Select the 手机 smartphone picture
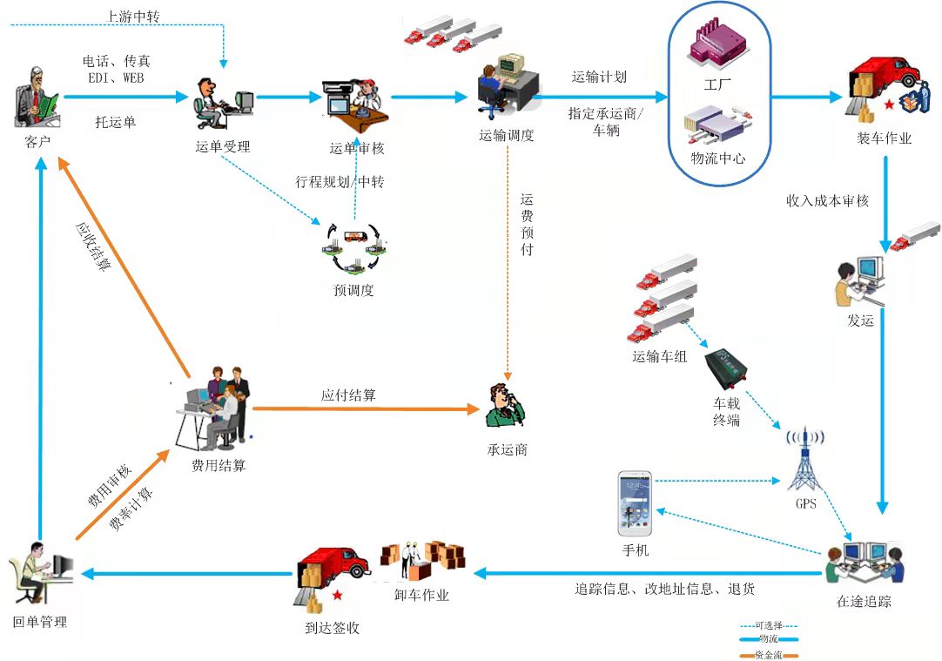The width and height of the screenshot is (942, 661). (x=635, y=502)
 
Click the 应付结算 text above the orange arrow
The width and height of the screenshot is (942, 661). (x=348, y=395)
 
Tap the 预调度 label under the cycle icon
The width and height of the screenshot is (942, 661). (x=353, y=290)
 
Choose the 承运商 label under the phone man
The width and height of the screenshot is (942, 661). (x=508, y=449)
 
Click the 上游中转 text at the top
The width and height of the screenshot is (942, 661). (x=132, y=16)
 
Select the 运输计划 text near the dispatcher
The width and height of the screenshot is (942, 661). (x=599, y=77)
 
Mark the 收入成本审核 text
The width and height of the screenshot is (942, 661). (x=827, y=200)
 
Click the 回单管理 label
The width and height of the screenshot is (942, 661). (x=40, y=622)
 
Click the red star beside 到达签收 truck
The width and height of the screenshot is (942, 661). (x=335, y=595)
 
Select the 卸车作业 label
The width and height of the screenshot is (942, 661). (x=422, y=595)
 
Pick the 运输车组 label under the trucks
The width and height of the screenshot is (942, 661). (x=660, y=355)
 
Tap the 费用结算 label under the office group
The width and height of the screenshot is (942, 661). (x=219, y=465)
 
